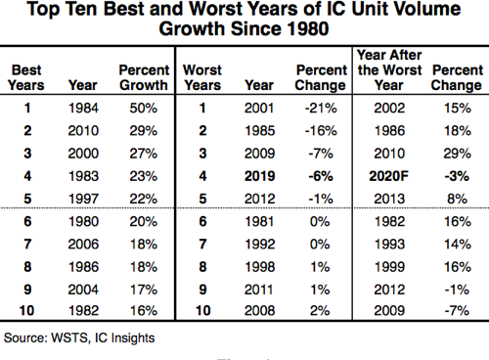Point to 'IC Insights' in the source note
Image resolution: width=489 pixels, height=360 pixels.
click(120, 337)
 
